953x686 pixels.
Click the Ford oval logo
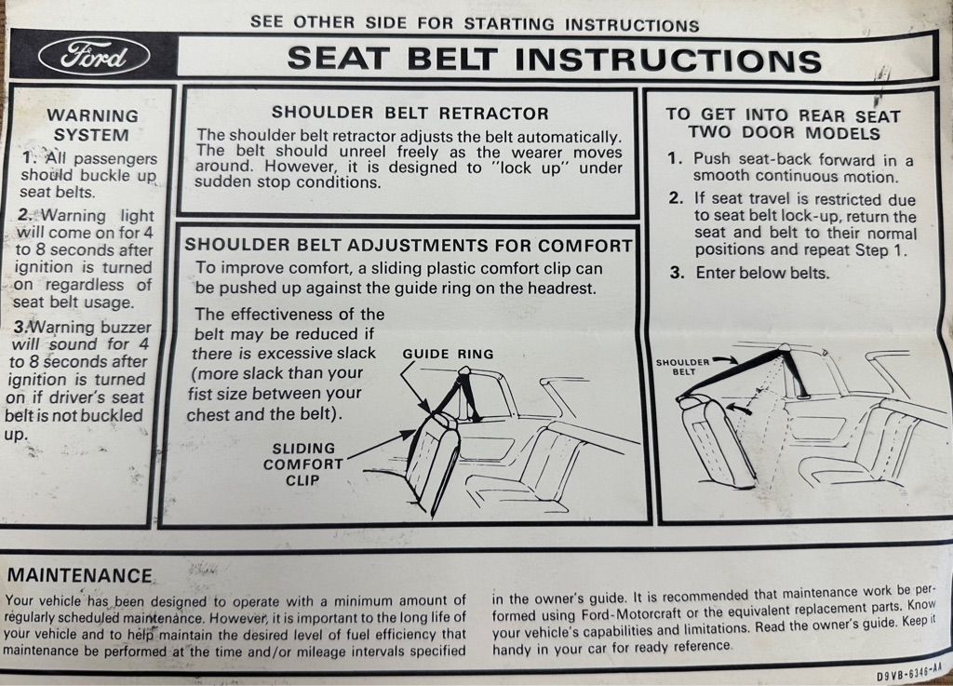[94, 57]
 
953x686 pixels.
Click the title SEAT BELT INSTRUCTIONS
[555, 59]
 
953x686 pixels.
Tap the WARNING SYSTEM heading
[92, 125]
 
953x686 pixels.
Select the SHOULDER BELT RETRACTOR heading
[409, 113]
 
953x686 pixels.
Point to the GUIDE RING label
[448, 354]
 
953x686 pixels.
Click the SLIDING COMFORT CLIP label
[302, 464]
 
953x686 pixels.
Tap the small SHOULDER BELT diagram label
[682, 367]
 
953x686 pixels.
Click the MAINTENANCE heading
[80, 575]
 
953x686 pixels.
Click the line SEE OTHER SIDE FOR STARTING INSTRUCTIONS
[475, 23]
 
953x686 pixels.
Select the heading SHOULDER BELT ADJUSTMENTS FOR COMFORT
[409, 245]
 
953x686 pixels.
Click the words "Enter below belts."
[762, 273]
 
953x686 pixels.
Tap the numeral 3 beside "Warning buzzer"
[20, 327]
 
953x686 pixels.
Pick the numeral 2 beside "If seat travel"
[675, 198]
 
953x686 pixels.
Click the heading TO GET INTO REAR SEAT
[783, 114]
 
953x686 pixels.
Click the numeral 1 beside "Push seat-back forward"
[674, 159]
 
